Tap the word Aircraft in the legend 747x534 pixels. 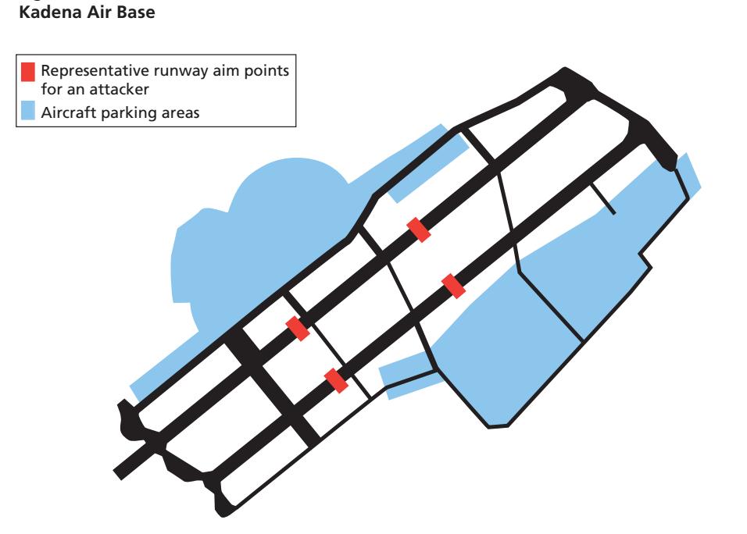(x=66, y=112)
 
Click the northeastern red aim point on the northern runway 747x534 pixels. (x=420, y=230)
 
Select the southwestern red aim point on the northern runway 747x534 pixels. (x=298, y=328)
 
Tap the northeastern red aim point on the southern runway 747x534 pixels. (x=453, y=285)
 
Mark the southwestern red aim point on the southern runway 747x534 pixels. (x=336, y=380)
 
